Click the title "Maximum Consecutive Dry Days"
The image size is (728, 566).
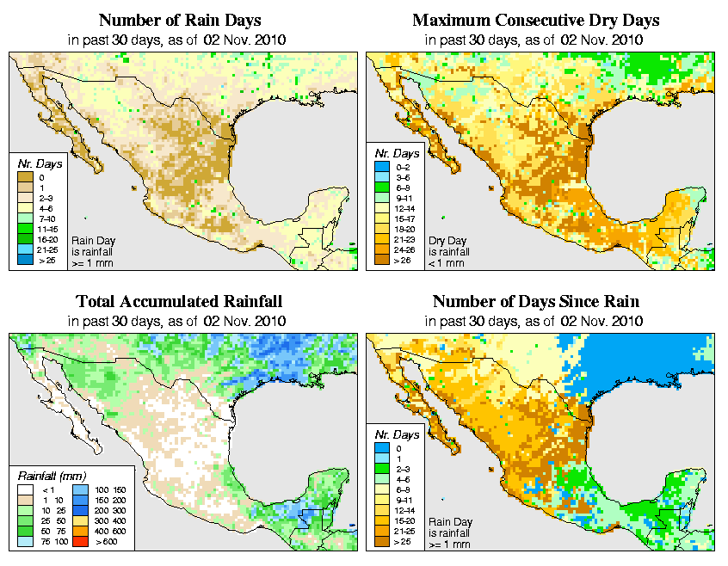point(536,20)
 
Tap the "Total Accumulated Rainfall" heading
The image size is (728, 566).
point(179,302)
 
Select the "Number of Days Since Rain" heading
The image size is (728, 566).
point(536,302)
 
